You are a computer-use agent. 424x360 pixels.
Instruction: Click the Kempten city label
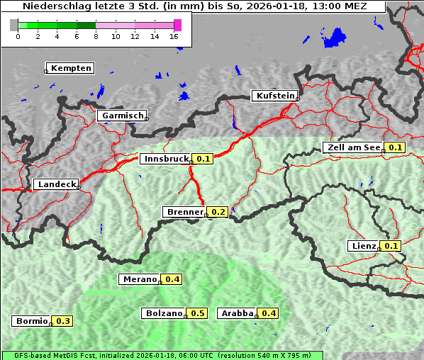coord(70,68)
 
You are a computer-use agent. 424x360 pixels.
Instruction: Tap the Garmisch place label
coord(121,116)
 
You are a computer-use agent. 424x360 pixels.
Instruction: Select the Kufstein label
coord(274,96)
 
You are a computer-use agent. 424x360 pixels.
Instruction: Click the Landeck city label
coord(56,184)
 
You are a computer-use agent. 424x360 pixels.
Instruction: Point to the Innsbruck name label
coord(166,159)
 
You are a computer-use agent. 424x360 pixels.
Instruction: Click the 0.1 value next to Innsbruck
coord(203,159)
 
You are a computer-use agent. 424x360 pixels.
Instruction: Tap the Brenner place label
coord(184,212)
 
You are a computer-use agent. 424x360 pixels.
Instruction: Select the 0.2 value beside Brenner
coord(218,212)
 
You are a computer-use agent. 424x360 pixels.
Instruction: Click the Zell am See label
coord(352,147)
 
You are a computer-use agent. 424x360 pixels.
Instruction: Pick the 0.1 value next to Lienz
coord(392,246)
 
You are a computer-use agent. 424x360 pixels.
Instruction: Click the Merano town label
coord(139,279)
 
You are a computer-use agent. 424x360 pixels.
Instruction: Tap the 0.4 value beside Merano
coord(172,279)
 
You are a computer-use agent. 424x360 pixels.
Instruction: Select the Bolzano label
coord(164,313)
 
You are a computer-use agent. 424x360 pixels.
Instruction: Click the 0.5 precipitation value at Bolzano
coord(198,313)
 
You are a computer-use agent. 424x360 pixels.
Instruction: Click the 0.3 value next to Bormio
coord(63,321)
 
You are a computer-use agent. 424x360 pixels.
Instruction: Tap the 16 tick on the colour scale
coord(174,36)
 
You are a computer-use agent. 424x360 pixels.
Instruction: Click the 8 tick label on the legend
coord(96,36)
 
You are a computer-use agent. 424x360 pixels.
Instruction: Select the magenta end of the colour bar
coord(177,25)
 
